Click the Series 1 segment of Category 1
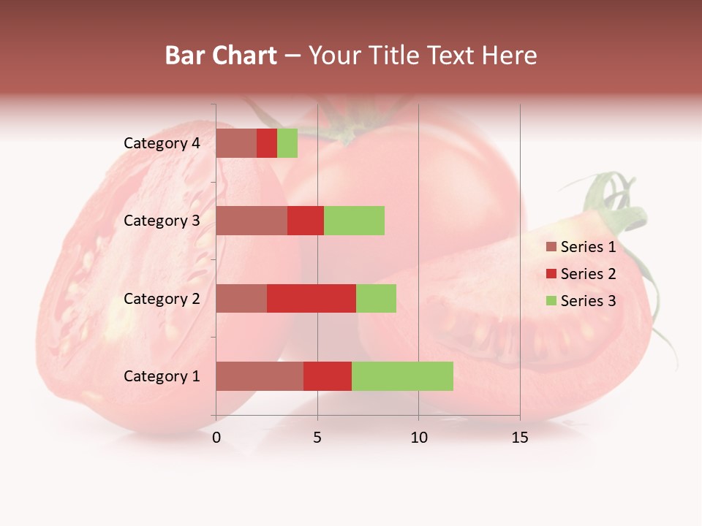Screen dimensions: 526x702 pyautogui.click(x=260, y=376)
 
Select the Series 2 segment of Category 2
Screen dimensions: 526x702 pyautogui.click(x=312, y=298)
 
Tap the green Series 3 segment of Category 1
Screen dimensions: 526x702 pyautogui.click(x=402, y=376)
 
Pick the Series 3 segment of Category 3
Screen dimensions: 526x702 pyautogui.click(x=354, y=221)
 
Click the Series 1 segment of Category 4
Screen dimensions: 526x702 pyautogui.click(x=236, y=143)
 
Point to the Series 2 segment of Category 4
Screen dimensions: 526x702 pyautogui.click(x=267, y=143)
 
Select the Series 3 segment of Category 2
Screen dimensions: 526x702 pyautogui.click(x=376, y=298)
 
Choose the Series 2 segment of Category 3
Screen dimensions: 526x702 pyautogui.click(x=306, y=221)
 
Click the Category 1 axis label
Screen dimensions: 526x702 pyautogui.click(x=162, y=376)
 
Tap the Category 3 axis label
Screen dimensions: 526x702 pyautogui.click(x=162, y=221)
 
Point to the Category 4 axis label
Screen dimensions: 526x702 pyautogui.click(x=162, y=143)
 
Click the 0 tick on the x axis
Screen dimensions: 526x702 pyautogui.click(x=216, y=438)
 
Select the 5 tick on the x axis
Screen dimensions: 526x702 pyautogui.click(x=317, y=438)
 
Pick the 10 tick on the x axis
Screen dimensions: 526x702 pyautogui.click(x=418, y=438)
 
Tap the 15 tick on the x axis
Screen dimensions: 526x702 pyautogui.click(x=520, y=438)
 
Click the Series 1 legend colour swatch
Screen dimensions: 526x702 pyautogui.click(x=551, y=247)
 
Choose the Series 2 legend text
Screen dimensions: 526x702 pyautogui.click(x=588, y=274)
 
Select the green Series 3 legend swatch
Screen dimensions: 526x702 pyautogui.click(x=551, y=301)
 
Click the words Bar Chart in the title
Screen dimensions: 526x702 pyautogui.click(x=221, y=56)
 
